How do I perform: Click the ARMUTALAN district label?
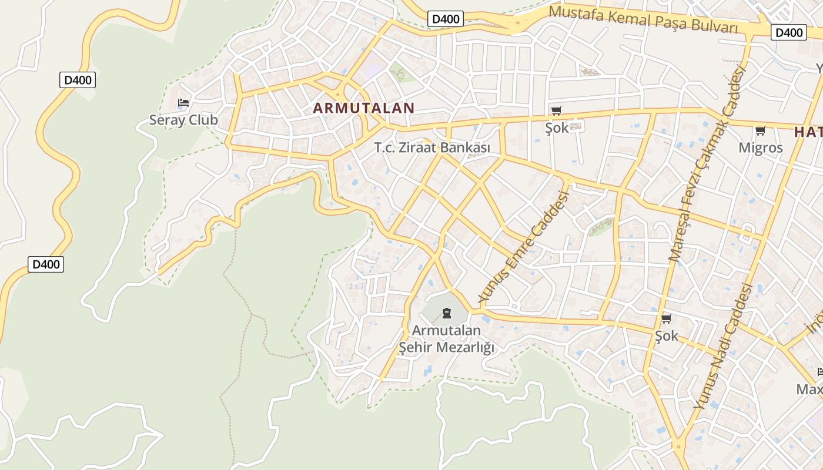click(364, 108)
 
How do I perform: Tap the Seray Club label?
click(183, 120)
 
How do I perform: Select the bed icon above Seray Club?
click(183, 103)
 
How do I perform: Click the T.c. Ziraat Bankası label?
click(432, 148)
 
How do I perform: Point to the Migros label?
click(761, 148)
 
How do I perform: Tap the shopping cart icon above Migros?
click(760, 130)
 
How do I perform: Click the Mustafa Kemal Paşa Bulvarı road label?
click(643, 19)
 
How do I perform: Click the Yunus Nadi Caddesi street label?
click(722, 347)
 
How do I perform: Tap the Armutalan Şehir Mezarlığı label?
click(447, 339)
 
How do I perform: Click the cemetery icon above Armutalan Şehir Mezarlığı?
click(447, 312)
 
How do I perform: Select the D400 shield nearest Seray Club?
click(78, 80)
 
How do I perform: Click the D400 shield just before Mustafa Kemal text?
click(446, 19)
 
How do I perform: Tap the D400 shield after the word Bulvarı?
click(788, 32)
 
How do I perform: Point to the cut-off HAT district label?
click(808, 132)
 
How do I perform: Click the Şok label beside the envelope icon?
click(557, 127)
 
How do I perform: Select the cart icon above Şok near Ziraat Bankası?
click(556, 110)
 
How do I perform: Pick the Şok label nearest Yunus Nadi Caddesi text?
click(667, 336)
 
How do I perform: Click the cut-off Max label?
click(809, 390)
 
